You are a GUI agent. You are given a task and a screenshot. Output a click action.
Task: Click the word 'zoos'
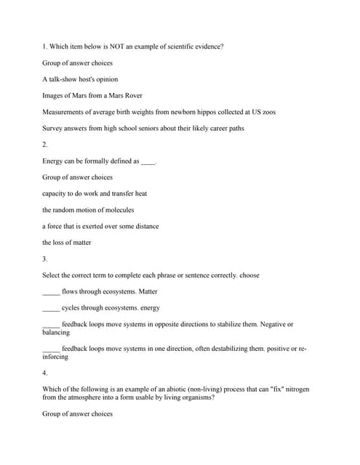[267, 112]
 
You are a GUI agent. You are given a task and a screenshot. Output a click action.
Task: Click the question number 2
[45, 145]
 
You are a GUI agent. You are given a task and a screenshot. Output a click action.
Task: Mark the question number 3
[45, 259]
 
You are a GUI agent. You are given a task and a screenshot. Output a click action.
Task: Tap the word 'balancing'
[56, 332]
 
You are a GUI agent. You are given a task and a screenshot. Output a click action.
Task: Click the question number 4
[45, 373]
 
